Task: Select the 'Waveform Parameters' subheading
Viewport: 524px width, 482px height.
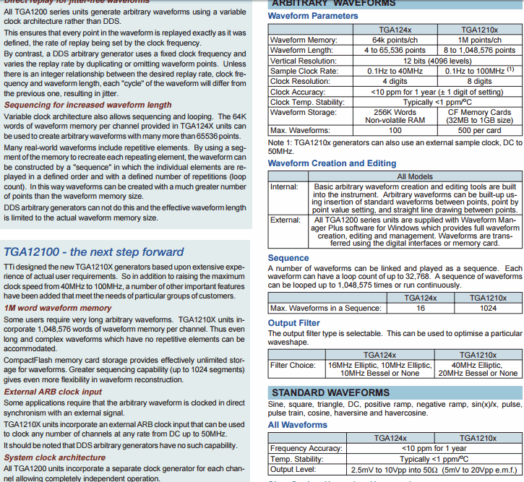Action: (313, 16)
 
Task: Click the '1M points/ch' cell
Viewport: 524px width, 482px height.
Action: (478, 40)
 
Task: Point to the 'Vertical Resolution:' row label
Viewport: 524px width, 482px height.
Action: (304, 61)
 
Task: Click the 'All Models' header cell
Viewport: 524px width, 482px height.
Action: (415, 176)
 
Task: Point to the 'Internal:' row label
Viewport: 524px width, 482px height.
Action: (284, 186)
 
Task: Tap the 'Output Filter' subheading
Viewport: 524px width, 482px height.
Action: (293, 323)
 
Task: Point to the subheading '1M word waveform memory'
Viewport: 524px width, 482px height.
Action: (59, 308)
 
